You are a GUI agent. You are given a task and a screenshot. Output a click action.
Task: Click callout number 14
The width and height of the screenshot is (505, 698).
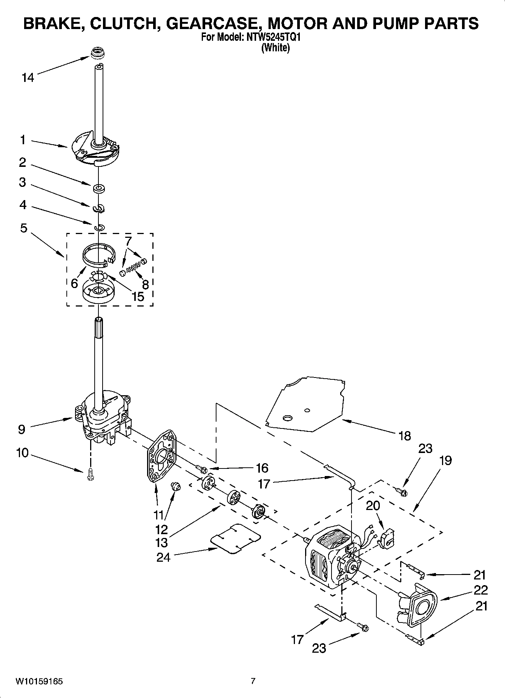28,78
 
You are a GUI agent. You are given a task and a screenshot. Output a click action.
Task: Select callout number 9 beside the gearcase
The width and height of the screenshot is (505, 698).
21,429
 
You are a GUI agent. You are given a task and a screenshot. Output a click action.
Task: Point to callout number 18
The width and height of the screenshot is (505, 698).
404,436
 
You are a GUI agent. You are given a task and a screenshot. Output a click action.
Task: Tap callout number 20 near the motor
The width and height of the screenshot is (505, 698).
373,505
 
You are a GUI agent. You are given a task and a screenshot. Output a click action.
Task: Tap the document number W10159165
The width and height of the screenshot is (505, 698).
39,681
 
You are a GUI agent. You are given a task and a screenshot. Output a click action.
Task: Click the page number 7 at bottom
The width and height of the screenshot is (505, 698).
253,681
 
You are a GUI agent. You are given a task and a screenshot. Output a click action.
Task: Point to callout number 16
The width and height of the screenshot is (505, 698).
262,468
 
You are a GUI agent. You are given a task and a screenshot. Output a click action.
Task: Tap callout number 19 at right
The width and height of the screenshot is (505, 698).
445,461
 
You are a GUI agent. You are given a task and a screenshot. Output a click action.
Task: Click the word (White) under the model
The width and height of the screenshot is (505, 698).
276,48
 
